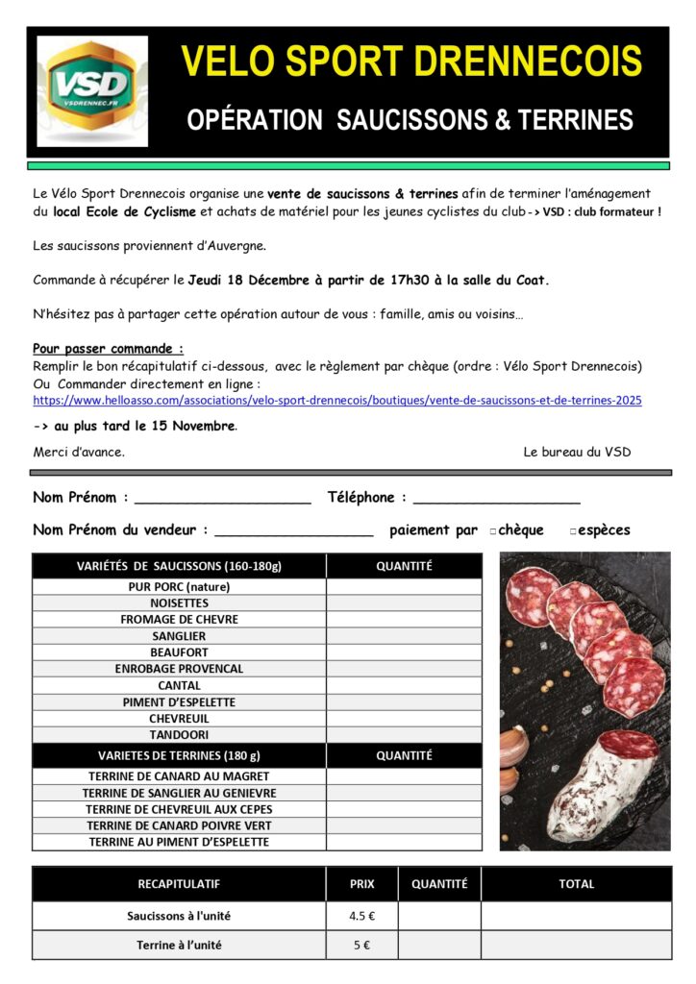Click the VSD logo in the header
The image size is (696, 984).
point(92,91)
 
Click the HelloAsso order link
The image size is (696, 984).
point(337,400)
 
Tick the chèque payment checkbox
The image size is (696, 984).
point(493,530)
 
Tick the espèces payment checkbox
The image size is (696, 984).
point(573,530)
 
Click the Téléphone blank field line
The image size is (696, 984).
point(496,500)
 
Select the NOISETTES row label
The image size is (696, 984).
point(179,603)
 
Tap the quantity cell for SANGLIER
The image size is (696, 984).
point(404,636)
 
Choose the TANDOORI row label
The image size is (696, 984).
point(179,735)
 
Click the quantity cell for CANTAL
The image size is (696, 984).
point(404,685)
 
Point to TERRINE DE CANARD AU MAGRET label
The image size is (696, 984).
point(179,776)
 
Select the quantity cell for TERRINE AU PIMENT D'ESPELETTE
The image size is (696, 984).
point(404,842)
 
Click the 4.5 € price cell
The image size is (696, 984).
point(361,916)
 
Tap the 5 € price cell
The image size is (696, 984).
point(361,945)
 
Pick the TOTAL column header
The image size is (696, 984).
point(576,884)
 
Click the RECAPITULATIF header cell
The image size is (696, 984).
point(178,884)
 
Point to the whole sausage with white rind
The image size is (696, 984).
point(606,783)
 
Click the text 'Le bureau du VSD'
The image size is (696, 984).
point(577,452)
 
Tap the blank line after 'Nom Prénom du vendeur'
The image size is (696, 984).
point(293,530)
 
